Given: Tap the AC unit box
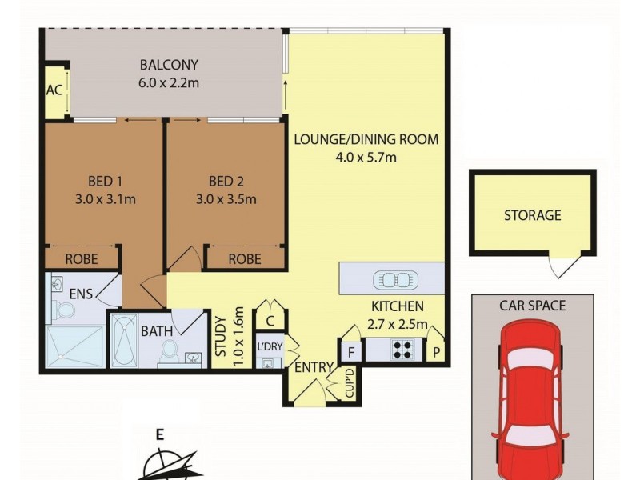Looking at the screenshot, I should (54, 90).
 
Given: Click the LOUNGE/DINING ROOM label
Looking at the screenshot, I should (366, 139).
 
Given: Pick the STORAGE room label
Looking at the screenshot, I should (532, 215).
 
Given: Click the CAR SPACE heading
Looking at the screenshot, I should (532, 306).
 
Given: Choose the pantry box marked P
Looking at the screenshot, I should (436, 350).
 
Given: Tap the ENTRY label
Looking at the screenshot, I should (314, 367).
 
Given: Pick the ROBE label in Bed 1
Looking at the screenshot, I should (82, 259).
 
